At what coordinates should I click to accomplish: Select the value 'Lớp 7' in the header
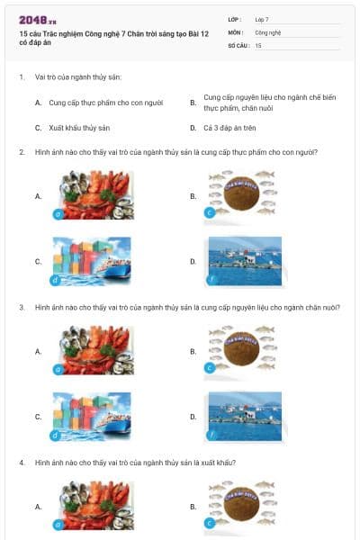pyautogui.click(x=263, y=19)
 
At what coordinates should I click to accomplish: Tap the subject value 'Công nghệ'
pyautogui.click(x=268, y=31)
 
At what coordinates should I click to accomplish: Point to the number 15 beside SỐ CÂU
pyautogui.click(x=259, y=45)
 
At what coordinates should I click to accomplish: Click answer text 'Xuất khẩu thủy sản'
pyautogui.click(x=79, y=128)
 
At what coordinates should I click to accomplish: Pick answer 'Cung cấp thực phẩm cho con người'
pyautogui.click(x=105, y=103)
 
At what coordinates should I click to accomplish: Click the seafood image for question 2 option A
pyautogui.click(x=93, y=195)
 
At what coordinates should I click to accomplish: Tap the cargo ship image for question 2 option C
pyautogui.click(x=93, y=261)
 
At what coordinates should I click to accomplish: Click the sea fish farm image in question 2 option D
pyautogui.click(x=244, y=261)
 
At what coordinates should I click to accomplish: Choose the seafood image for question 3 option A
pyautogui.click(x=93, y=350)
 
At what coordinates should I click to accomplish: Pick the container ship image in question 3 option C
pyautogui.click(x=93, y=417)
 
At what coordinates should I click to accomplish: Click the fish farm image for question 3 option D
pyautogui.click(x=244, y=417)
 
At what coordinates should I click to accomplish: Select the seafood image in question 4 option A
pyautogui.click(x=93, y=507)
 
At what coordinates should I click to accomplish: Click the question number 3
pyautogui.click(x=21, y=307)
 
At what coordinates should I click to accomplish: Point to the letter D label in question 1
pyautogui.click(x=193, y=128)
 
